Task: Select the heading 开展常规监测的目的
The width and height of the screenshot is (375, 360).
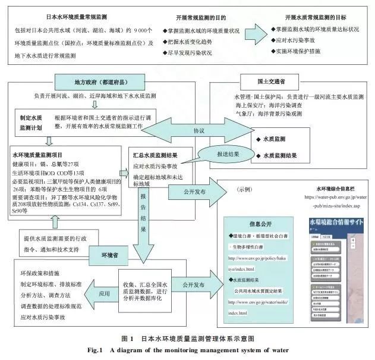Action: click(201, 17)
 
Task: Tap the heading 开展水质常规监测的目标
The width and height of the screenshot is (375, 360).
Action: click(316, 17)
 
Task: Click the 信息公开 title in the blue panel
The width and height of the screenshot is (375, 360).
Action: click(259, 226)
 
